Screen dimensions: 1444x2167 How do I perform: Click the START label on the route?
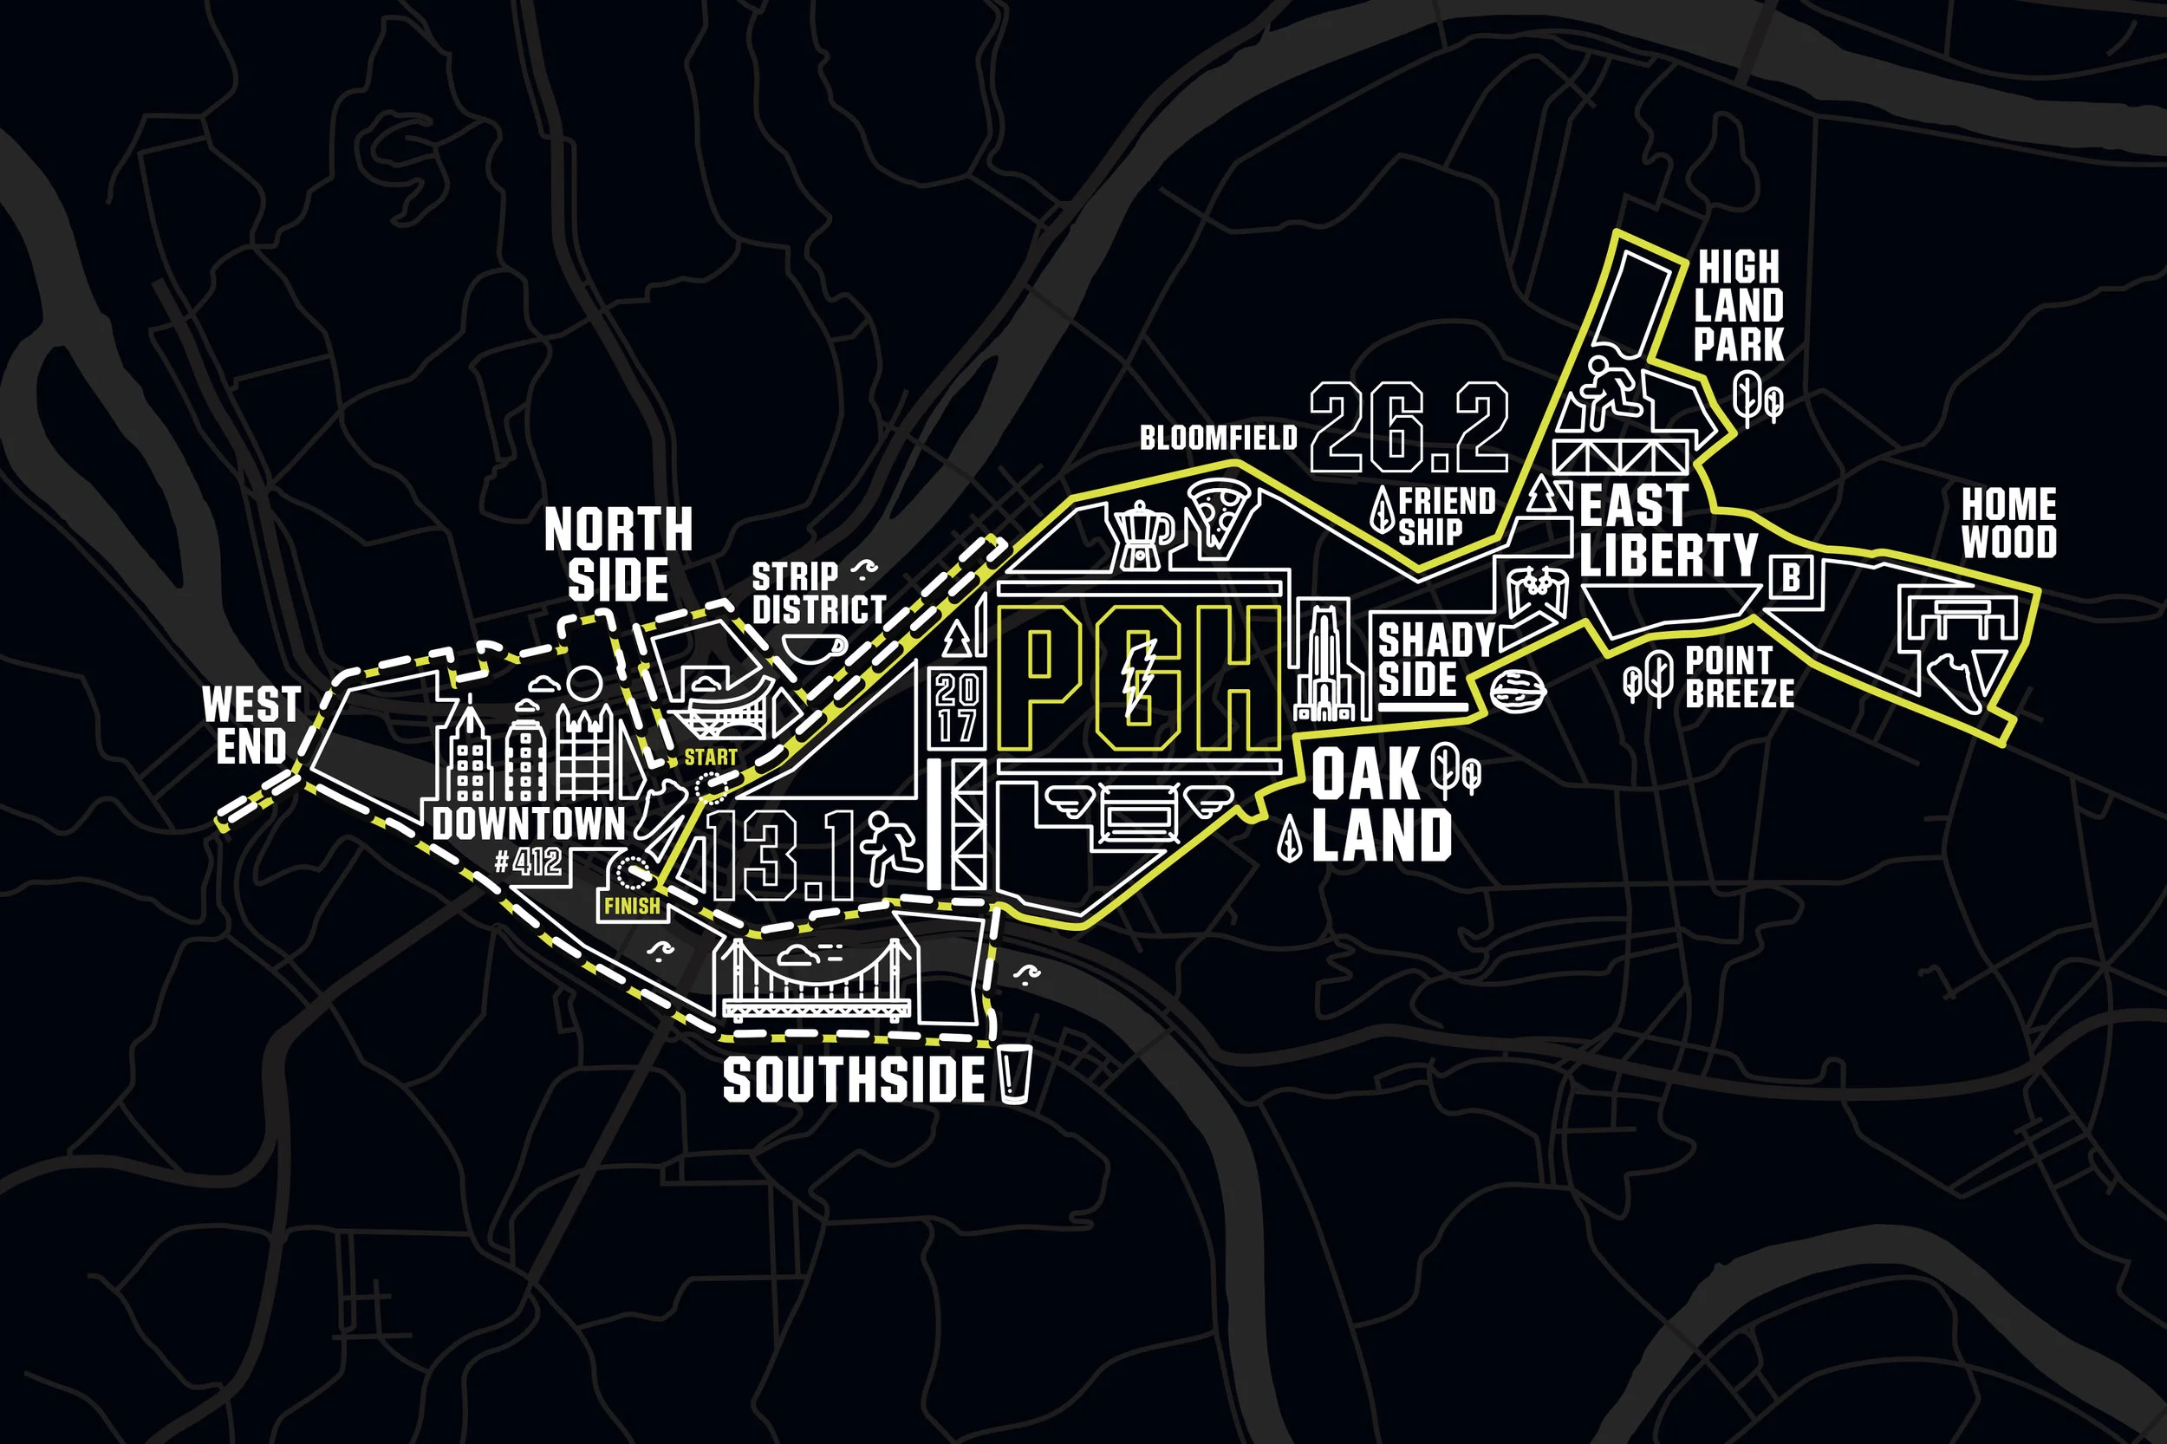pyautogui.click(x=710, y=758)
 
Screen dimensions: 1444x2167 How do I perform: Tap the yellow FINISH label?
pyautogui.click(x=632, y=907)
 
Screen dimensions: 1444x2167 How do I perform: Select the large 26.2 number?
pyautogui.click(x=1409, y=428)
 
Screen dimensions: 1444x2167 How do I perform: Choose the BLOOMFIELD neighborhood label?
pyautogui.click(x=1218, y=439)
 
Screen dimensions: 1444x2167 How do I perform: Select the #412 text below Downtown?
pyautogui.click(x=528, y=862)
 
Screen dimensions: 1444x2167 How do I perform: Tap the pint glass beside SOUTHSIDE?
pyautogui.click(x=1015, y=1074)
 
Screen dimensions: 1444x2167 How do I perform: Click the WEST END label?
pyautogui.click(x=251, y=725)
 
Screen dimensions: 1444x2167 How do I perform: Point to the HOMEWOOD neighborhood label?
pyautogui.click(x=2008, y=524)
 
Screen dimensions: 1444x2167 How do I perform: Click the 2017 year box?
pyautogui.click(x=956, y=706)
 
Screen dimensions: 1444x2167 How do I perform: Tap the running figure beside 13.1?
pyautogui.click(x=891, y=845)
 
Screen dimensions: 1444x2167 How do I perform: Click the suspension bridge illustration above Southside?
pyautogui.click(x=816, y=981)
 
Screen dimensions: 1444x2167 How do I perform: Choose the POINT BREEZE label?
pyautogui.click(x=1739, y=677)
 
